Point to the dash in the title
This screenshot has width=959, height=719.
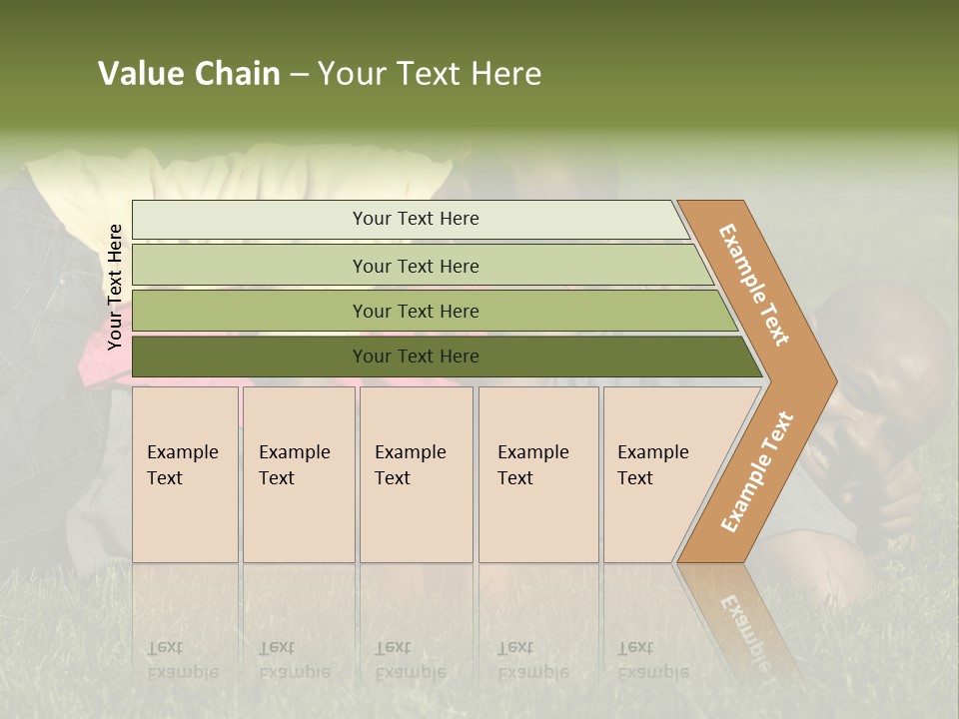coord(299,75)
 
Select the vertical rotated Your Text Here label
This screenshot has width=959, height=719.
coord(115,287)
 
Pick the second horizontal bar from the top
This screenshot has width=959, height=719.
coord(415,266)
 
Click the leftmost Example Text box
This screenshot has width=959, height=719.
coord(185,474)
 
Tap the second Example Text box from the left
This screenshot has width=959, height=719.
coord(299,474)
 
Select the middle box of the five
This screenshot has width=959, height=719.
coord(416,474)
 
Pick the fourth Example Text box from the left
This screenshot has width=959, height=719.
coord(538,474)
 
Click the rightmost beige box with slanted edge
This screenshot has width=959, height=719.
coord(659,474)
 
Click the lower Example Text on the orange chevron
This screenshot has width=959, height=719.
coord(757,471)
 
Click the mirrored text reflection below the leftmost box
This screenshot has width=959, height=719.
coord(183,659)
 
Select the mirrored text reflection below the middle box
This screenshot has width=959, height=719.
coord(411,659)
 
